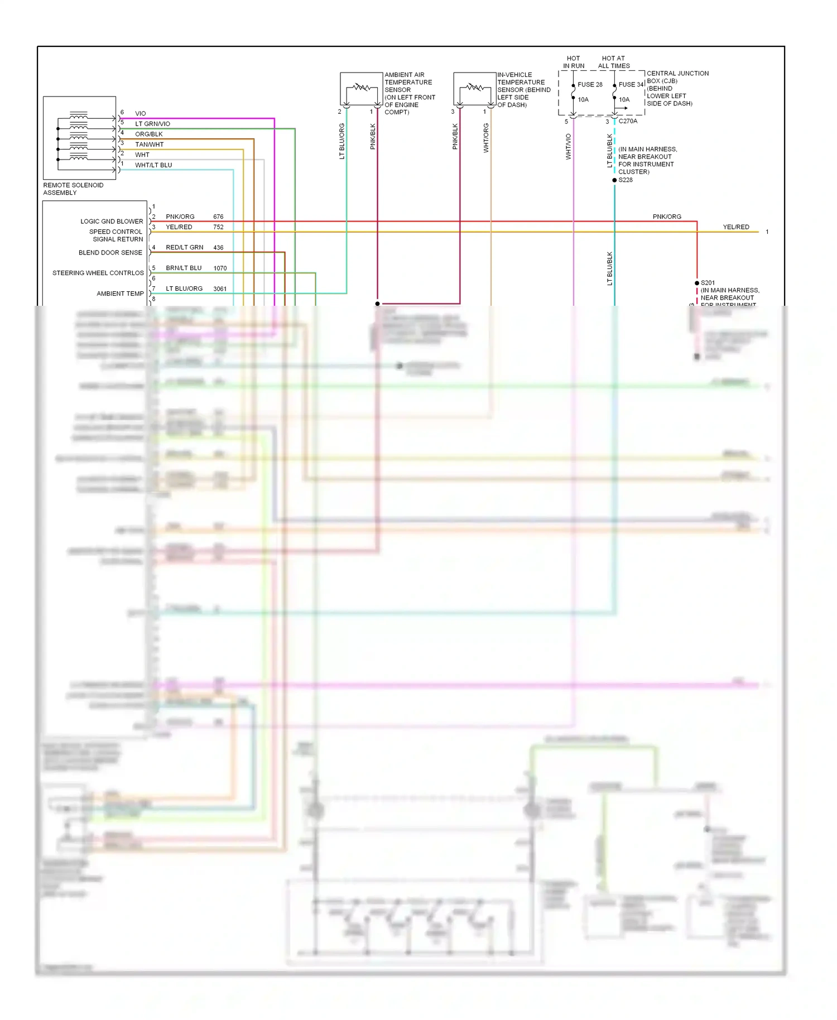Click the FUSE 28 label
[x=589, y=85]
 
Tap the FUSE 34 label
[x=631, y=85]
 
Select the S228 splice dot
[x=614, y=180]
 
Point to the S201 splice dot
[x=697, y=283]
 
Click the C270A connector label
[x=628, y=121]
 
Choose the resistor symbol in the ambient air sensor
[x=362, y=87]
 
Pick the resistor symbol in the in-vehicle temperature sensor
[x=475, y=87]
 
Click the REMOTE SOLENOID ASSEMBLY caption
[x=73, y=189]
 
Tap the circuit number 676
[x=218, y=216]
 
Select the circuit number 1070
[x=220, y=268]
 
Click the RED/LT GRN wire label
[x=184, y=247]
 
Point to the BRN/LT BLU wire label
[x=184, y=268]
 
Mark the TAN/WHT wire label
[x=149, y=145]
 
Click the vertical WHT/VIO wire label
[x=569, y=147]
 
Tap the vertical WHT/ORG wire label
[x=486, y=138]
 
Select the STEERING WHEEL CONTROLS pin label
[x=98, y=273]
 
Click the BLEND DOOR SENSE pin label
[x=110, y=253]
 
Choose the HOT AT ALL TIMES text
[x=614, y=62]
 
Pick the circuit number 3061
[x=220, y=289]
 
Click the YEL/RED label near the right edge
[x=736, y=227]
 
